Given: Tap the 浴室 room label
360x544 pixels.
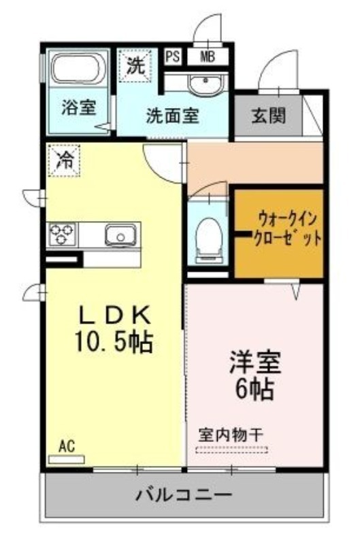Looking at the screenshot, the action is click(78, 107).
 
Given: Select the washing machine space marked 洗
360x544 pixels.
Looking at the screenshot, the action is click(135, 65).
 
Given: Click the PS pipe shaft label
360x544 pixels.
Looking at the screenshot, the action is click(173, 56).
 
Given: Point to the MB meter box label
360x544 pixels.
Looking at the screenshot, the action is click(208, 56).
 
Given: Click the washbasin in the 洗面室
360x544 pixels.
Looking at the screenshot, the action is click(205, 84).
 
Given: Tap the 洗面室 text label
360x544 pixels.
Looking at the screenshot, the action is click(173, 116).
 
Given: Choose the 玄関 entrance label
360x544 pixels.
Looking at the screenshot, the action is click(268, 115).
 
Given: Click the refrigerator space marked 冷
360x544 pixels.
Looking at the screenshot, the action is click(65, 160).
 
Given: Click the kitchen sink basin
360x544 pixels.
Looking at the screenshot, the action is click(120, 235).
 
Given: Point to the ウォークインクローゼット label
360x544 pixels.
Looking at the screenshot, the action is click(287, 228).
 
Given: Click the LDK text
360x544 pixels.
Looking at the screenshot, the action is click(115, 316).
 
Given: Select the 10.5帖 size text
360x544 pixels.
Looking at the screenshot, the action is click(114, 341).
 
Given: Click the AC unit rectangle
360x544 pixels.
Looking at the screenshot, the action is click(67, 460).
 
